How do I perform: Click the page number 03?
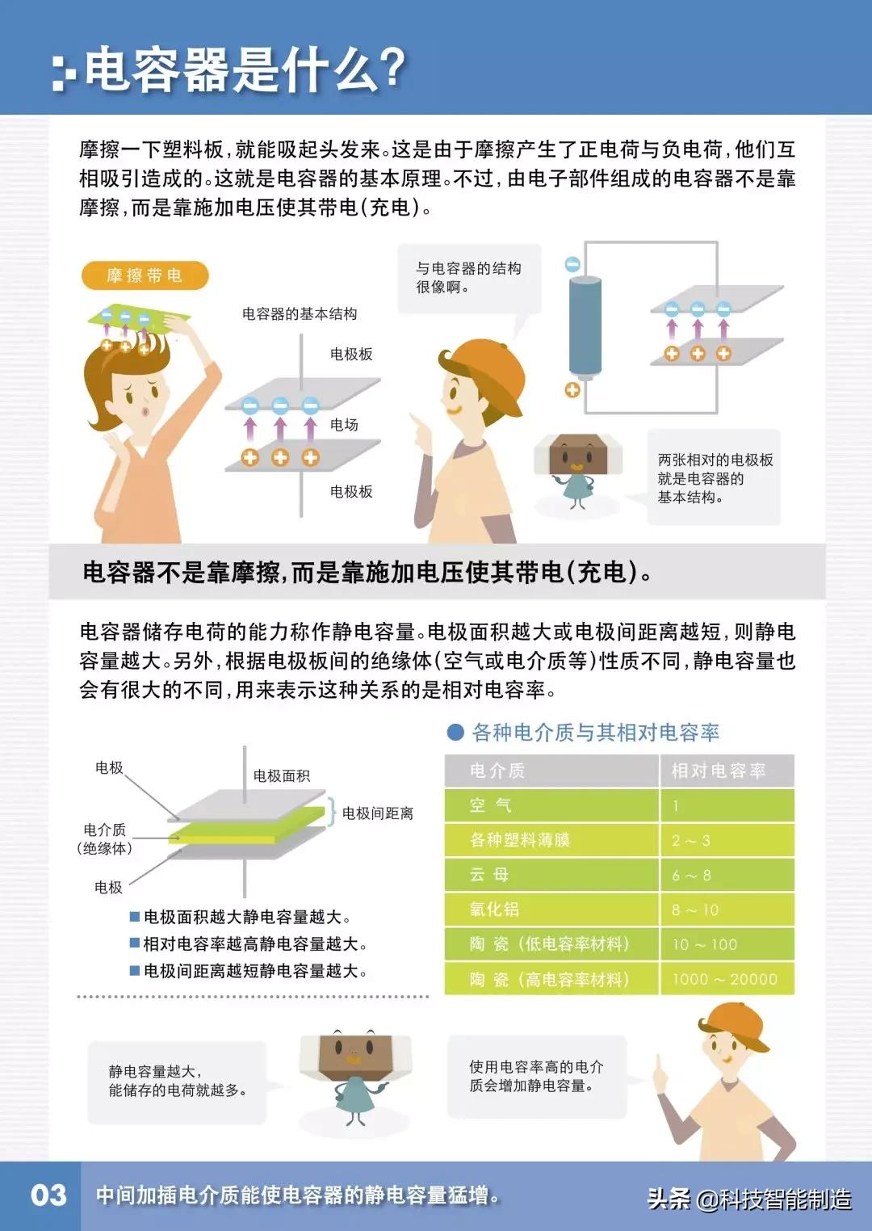tap(48, 1195)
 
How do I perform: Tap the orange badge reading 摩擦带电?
tap(145, 276)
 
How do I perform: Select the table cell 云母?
tap(489, 875)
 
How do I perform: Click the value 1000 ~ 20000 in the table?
tap(724, 979)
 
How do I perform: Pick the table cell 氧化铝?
tap(493, 910)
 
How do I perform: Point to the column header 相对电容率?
tap(718, 771)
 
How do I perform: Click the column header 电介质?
tap(497, 771)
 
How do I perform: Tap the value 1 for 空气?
tap(676, 805)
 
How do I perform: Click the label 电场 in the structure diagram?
tap(344, 425)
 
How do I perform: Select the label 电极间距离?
tap(377, 813)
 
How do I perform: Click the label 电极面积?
tap(281, 775)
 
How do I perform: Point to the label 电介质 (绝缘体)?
tap(105, 838)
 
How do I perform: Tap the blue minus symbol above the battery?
tap(572, 264)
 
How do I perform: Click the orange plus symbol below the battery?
tap(572, 390)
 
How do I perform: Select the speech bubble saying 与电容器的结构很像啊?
tap(468, 278)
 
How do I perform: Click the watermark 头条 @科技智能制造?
tap(748, 1199)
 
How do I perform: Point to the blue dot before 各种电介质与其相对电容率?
tap(455, 733)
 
